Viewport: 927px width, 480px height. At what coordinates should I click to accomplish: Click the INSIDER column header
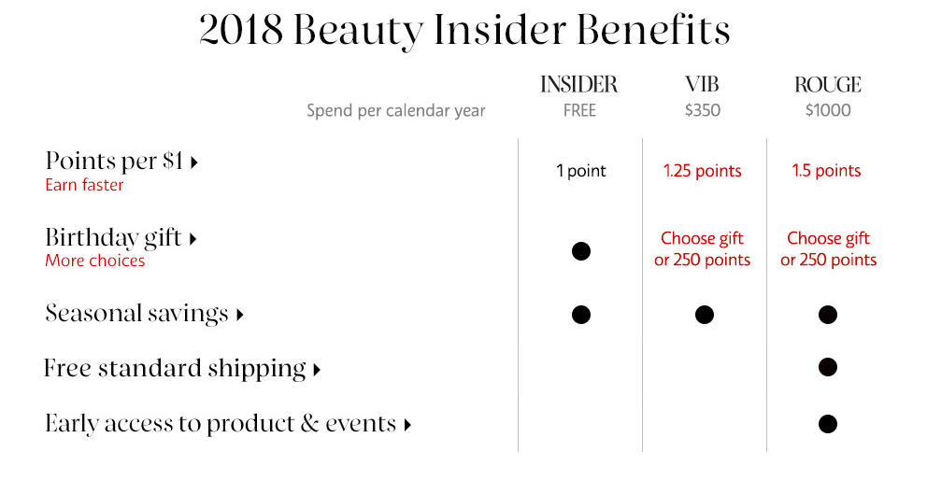[578, 85]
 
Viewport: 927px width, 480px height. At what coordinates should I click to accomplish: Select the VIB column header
[703, 85]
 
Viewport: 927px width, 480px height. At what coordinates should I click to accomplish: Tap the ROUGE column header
[828, 85]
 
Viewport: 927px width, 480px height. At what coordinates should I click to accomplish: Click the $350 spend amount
[703, 110]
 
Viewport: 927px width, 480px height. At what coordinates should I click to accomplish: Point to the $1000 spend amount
[828, 110]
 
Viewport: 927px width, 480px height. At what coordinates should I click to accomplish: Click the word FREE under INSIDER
[579, 110]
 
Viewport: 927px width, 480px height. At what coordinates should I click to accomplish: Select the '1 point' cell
[581, 171]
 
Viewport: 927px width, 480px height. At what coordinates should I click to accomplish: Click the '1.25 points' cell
[703, 171]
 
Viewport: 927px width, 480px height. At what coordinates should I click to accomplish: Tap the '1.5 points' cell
[826, 171]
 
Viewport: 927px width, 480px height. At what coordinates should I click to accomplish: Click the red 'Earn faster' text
[84, 185]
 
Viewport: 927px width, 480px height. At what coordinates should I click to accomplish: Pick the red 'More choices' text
[95, 261]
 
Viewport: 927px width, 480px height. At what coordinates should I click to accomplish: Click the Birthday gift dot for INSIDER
[581, 251]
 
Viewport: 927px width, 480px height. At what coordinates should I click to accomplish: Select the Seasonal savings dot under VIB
[704, 315]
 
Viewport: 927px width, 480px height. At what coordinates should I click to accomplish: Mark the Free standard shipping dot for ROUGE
[828, 367]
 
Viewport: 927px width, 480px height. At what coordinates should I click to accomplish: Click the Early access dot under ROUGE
[828, 424]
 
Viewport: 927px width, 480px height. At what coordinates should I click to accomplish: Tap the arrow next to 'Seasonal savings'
[239, 315]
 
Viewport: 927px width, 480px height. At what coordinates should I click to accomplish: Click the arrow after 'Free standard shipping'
[317, 370]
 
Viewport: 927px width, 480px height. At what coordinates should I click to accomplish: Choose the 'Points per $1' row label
[114, 161]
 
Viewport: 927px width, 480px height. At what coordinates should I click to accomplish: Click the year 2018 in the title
[241, 30]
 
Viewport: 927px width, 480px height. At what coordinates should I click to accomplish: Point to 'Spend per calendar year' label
[396, 111]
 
